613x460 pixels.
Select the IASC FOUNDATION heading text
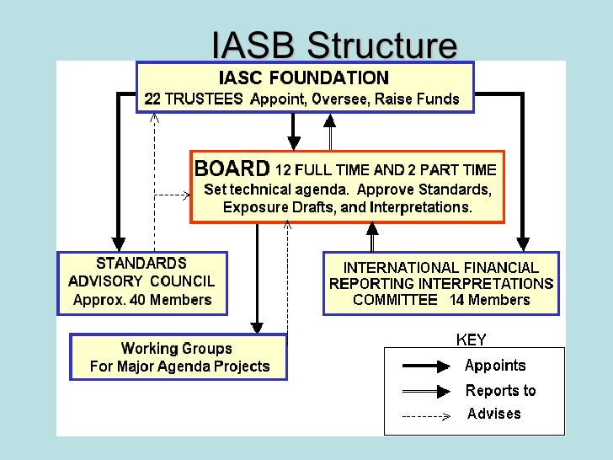(304, 78)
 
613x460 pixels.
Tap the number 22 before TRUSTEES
(152, 99)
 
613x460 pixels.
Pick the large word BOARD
(232, 168)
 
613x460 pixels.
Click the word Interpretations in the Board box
(426, 207)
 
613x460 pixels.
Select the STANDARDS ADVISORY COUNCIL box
(141, 283)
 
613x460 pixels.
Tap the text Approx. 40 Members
(142, 300)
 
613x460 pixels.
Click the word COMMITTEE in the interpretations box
(396, 300)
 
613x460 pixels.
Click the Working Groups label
(176, 348)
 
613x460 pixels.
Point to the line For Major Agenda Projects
(179, 366)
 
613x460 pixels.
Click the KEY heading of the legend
(471, 340)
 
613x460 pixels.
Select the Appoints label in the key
(495, 366)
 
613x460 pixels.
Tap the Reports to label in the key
(500, 391)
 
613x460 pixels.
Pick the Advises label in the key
(494, 414)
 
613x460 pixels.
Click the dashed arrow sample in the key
(428, 415)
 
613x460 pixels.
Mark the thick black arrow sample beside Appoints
(428, 366)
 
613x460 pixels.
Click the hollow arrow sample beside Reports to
(428, 391)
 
